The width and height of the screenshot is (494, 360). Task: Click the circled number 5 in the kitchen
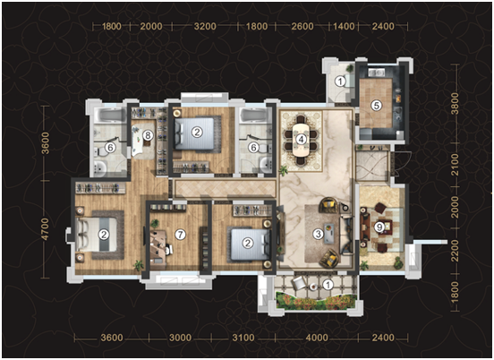[376, 106]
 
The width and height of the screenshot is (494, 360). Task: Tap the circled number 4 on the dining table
[302, 139]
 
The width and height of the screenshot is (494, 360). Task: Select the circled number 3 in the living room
[319, 234]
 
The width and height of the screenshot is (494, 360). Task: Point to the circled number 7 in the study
[180, 235]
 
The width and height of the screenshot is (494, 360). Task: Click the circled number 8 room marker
[148, 135]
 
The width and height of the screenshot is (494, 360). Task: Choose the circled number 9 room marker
[379, 227]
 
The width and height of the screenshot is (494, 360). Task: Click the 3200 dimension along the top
[205, 26]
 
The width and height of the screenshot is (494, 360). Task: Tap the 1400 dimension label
[344, 26]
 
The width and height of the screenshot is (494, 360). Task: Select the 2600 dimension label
[302, 26]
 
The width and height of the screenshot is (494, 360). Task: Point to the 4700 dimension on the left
[46, 229]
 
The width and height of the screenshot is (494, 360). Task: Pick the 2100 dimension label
[455, 165]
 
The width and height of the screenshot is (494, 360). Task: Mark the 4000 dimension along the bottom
[317, 338]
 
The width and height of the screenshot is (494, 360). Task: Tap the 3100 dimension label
[243, 338]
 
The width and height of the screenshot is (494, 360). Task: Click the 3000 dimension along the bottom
[180, 338]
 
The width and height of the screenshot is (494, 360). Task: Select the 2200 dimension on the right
[455, 251]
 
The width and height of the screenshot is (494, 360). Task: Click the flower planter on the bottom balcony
[316, 302]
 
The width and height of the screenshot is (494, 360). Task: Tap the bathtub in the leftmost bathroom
[108, 116]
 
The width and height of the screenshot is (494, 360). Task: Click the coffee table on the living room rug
[329, 233]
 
